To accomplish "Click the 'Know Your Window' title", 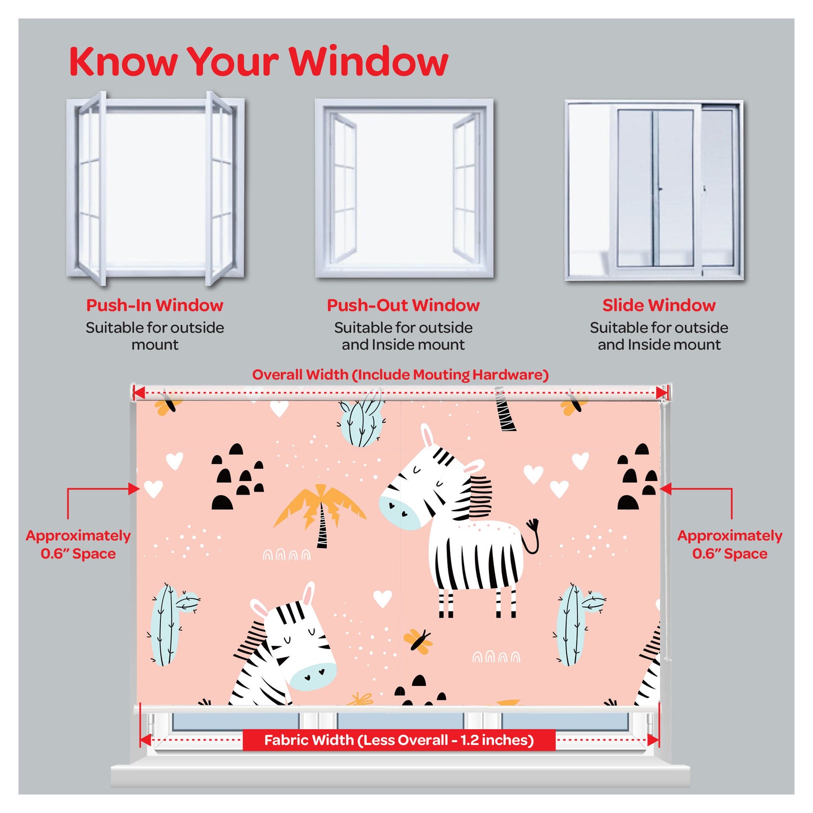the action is tap(259, 61).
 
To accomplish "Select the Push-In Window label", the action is tap(155, 305).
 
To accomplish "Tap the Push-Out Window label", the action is tap(403, 305).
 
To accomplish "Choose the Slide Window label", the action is tap(659, 305).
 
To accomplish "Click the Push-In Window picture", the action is tap(155, 188).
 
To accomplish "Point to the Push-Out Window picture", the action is tap(404, 188).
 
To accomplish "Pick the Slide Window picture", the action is tap(654, 190).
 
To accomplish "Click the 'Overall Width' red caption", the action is tap(401, 375).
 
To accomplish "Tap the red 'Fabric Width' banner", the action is tap(399, 752).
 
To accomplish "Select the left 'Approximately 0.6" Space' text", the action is tap(78, 544).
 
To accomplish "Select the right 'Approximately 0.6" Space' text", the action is tap(730, 544).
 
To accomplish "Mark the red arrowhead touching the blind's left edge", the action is tap(134, 489).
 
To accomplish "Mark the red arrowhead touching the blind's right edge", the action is tap(666, 489).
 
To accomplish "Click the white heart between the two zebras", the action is tap(382, 598).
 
